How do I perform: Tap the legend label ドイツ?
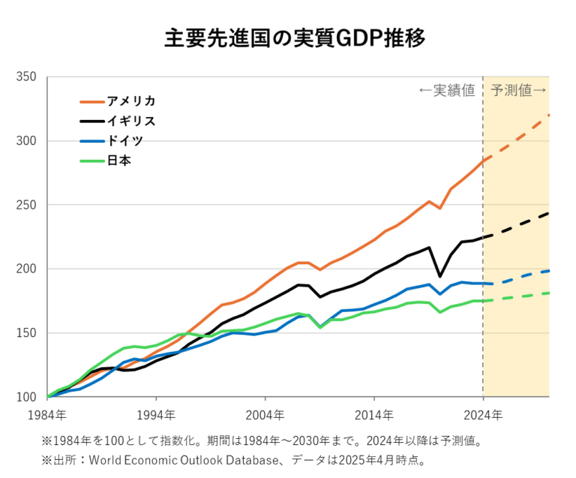coord(124,140)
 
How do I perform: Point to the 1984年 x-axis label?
coord(47,414)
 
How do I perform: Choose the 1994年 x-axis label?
coord(156,414)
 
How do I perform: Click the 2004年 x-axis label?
coord(265,414)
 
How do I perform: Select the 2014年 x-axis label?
coord(373,414)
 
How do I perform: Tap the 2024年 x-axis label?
coord(482,414)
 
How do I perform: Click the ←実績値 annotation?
coord(447,91)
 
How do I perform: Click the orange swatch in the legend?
coord(92,101)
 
